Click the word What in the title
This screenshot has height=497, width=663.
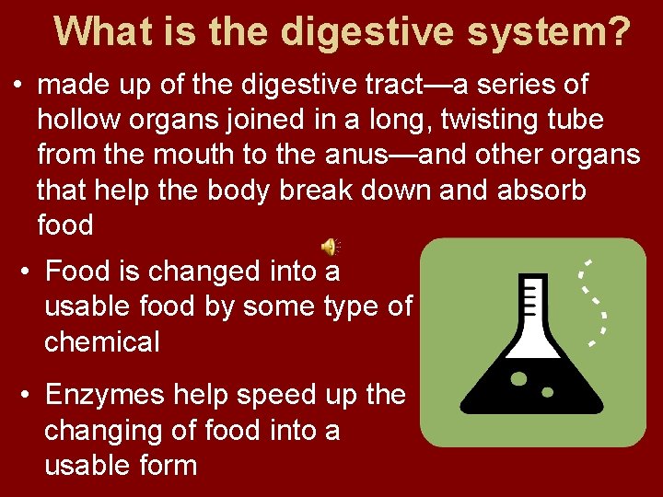click(97, 31)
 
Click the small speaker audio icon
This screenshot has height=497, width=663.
click(329, 247)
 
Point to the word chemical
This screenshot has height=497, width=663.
click(101, 342)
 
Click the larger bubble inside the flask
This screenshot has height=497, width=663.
click(518, 378)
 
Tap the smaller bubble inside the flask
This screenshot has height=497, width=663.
click(548, 391)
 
